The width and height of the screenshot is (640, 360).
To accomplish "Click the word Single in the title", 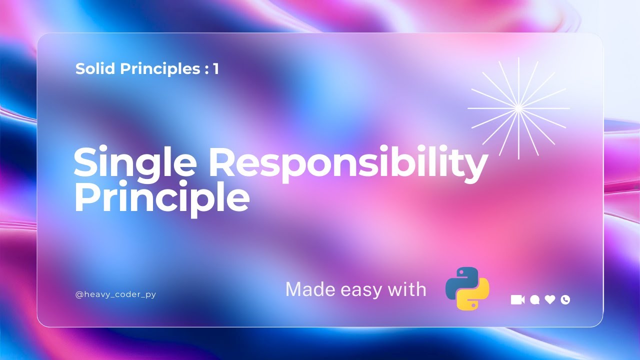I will click(x=135, y=162).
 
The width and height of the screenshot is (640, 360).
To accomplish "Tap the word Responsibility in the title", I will click(x=348, y=162).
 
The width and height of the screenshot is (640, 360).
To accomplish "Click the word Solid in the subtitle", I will click(x=95, y=69).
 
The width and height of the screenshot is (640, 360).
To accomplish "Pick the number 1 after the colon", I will click(x=215, y=69).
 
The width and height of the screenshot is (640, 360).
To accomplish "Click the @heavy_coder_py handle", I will click(x=115, y=294).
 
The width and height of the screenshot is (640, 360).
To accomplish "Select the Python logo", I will click(x=467, y=288).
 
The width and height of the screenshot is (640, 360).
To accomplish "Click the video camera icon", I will click(x=517, y=299).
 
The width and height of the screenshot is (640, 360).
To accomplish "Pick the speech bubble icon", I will click(x=534, y=299).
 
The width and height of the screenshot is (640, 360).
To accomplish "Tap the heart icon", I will click(x=550, y=299).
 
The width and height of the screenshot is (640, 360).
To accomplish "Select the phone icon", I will click(x=565, y=299).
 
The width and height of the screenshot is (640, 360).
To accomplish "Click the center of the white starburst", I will click(x=518, y=107).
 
